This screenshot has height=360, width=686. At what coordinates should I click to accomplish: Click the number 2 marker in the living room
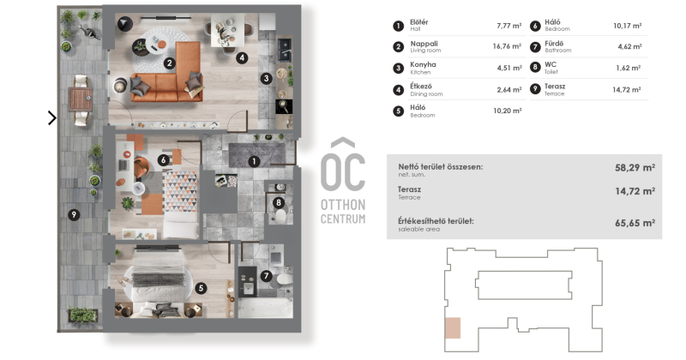coord(170,63)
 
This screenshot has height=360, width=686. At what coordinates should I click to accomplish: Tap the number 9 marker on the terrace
coord(74,214)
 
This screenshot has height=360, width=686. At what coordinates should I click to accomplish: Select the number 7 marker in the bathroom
coord(266,276)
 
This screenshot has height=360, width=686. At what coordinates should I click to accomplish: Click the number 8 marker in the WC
coord(278,202)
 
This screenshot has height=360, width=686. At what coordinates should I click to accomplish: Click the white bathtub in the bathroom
coord(266,307)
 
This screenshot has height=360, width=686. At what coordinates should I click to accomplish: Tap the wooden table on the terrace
coord(80,99)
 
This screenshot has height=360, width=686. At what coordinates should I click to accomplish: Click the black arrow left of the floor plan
coord(52,117)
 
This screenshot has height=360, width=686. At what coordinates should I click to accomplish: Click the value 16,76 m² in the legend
coord(507,46)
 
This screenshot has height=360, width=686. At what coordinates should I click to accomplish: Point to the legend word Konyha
coord(423,65)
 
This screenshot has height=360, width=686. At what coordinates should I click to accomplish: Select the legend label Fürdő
coord(554,44)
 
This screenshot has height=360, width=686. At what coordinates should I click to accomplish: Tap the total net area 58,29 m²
coord(635,167)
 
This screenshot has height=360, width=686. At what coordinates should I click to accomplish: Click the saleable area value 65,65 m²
coord(635,223)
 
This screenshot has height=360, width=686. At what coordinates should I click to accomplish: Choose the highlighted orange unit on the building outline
coord(453,327)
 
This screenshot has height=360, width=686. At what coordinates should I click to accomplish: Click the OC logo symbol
coord(343,165)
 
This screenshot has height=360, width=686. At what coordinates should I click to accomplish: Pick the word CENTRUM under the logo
coord(343,219)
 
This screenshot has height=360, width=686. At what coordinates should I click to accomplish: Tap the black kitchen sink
coord(285,50)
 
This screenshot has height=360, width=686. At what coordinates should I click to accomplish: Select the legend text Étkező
coord(421,87)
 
